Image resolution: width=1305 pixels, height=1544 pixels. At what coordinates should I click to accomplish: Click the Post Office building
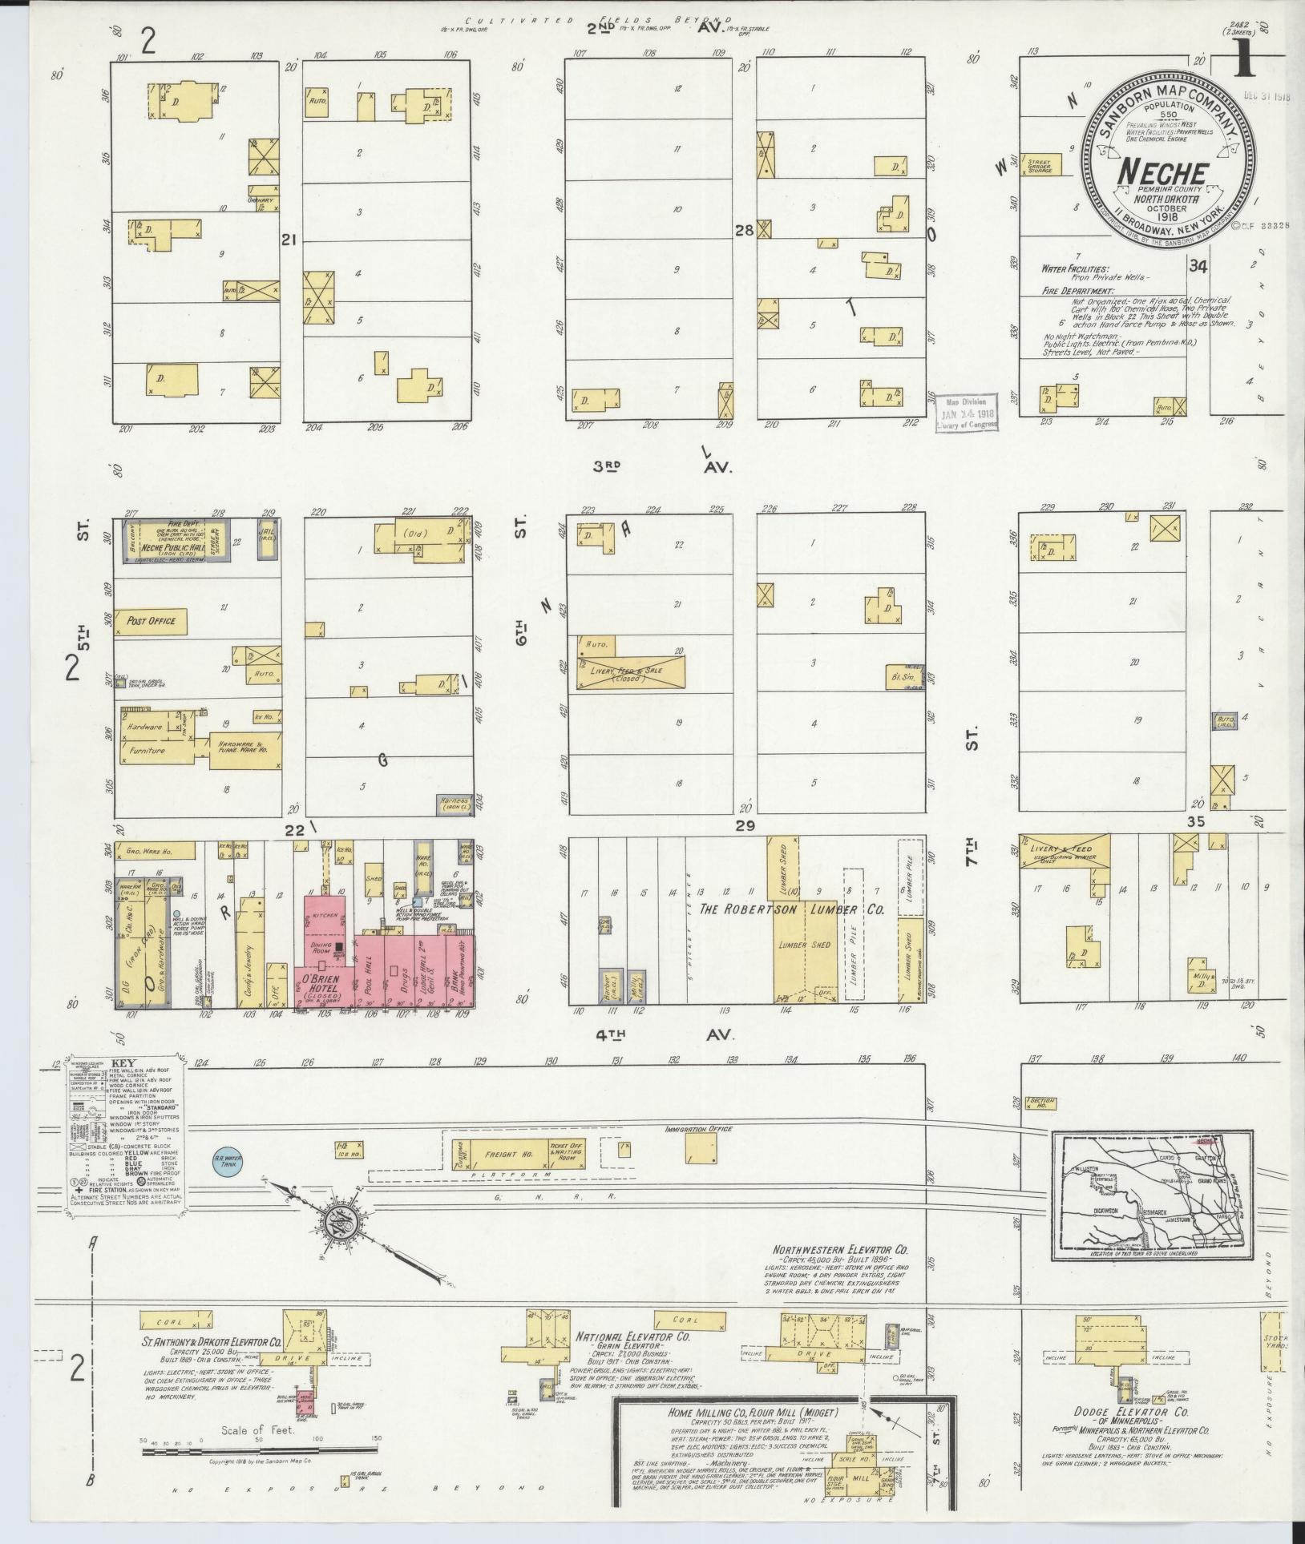coord(151,622)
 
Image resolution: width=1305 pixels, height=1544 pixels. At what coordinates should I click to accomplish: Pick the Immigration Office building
coord(700,1148)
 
